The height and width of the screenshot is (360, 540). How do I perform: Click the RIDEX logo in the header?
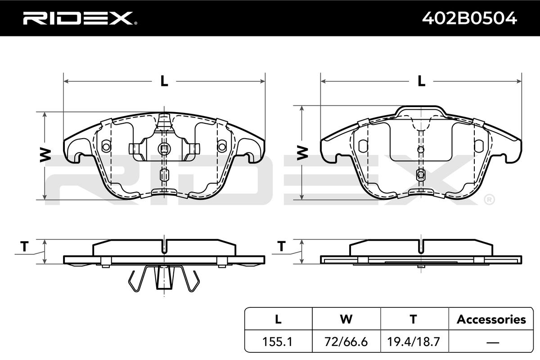80,18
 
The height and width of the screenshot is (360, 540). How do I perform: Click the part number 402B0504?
469,18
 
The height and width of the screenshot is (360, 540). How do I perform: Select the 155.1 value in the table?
277,342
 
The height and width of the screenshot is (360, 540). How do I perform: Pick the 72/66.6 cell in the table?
346,342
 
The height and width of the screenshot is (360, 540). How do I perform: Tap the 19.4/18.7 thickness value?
414,342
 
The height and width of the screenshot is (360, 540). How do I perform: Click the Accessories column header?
491,319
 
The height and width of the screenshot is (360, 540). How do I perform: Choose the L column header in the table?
278,319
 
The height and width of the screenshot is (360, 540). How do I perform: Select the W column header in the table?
346,319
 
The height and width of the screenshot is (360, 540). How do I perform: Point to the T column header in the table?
414,319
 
